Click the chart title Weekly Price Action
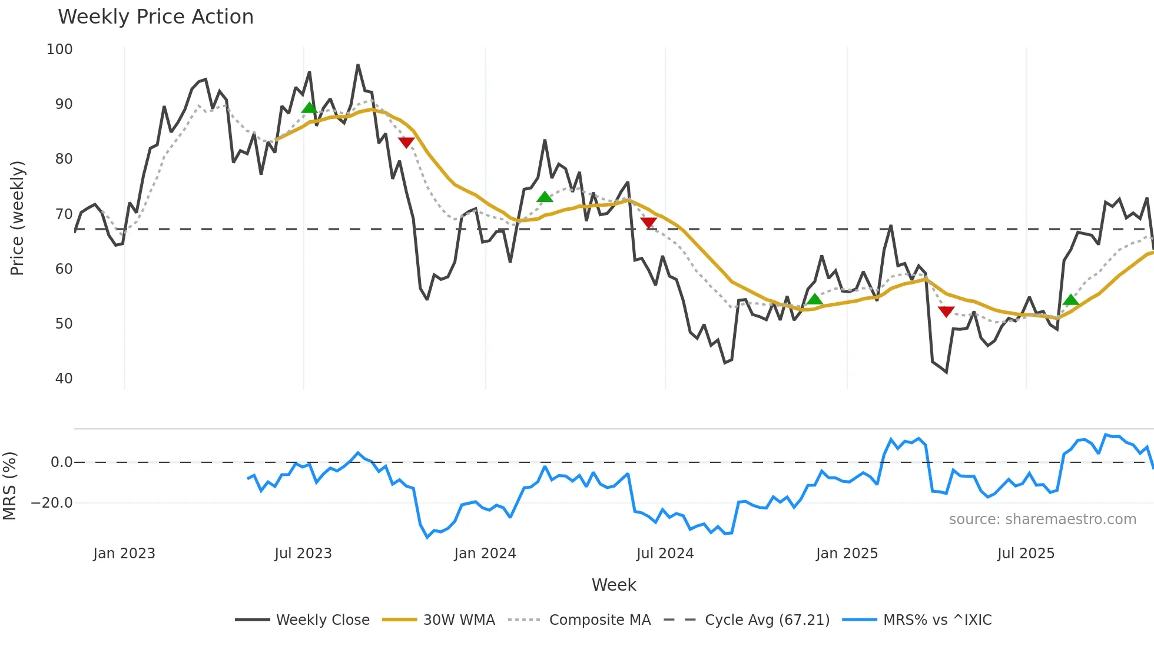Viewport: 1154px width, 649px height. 155,17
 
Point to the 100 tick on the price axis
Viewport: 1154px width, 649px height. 59,49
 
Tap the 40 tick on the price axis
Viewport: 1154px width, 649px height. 64,379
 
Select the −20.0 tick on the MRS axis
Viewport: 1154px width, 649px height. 52,503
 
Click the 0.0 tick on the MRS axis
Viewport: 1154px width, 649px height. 61,462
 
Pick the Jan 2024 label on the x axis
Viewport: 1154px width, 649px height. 485,554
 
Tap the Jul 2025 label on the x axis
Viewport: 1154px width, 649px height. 1026,554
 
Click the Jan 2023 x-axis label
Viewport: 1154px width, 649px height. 124,554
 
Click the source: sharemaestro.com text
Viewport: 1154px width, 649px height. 1042,519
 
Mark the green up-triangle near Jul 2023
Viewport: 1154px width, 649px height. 309,108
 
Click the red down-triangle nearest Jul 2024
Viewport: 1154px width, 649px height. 648,223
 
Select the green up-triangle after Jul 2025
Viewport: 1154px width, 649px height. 1071,300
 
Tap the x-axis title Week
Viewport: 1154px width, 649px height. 614,585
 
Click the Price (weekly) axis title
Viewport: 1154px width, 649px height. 18,218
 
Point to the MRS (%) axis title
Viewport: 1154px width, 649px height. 10,486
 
